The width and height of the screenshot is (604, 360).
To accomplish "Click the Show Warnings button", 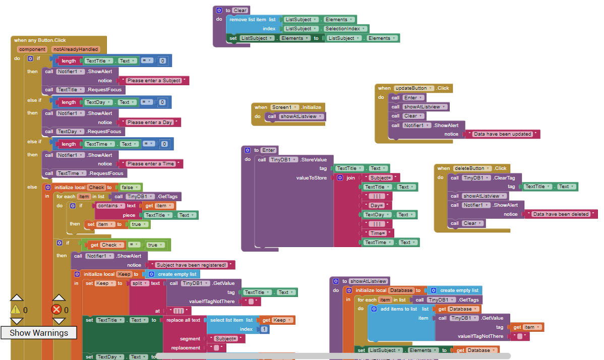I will [39, 333].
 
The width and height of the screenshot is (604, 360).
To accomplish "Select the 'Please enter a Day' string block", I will [150, 123].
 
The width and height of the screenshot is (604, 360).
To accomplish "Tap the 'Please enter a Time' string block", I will [151, 164].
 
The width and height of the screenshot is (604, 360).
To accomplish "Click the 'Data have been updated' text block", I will [502, 134].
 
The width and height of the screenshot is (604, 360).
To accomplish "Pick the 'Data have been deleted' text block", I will [561, 214].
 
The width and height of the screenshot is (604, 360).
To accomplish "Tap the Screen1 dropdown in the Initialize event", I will [284, 107].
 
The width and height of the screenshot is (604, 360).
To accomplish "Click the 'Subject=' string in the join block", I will [381, 177].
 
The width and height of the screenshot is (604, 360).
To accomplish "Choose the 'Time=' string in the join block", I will [378, 233].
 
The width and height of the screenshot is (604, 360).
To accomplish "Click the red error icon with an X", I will [57, 310].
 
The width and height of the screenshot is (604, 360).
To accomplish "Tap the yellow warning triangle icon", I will [16, 310].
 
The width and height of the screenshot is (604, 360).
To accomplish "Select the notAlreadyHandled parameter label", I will [75, 49].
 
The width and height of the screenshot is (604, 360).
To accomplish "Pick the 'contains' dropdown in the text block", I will [109, 206].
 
